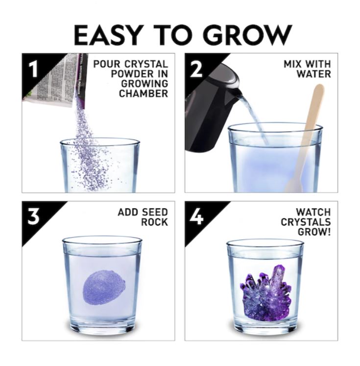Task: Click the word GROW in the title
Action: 248,35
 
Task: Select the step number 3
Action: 33,216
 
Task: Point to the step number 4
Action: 196,216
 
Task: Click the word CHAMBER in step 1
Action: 144,94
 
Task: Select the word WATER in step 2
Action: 314,74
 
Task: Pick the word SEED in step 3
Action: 155,212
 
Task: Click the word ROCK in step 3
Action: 154,222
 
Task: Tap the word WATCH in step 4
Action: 313,212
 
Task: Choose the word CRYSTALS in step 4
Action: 306,222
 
